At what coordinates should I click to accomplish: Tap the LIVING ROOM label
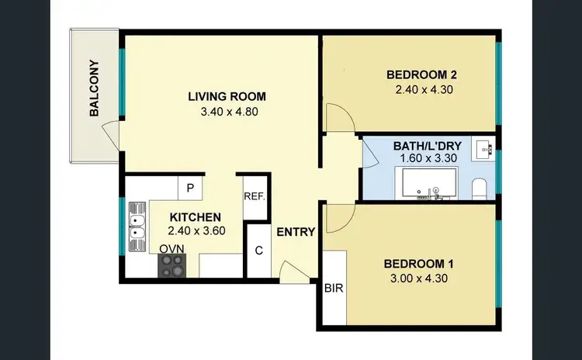click(227, 97)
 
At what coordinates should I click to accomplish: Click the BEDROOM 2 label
click(421, 75)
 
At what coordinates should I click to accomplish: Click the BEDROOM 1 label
click(419, 263)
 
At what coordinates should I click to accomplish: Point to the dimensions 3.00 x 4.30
click(419, 279)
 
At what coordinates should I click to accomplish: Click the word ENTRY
click(296, 231)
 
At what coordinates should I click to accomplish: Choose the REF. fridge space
click(255, 196)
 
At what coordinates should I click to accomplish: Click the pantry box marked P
click(189, 187)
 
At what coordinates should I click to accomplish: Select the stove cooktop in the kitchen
click(171, 265)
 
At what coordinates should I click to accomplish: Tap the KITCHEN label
click(195, 217)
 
